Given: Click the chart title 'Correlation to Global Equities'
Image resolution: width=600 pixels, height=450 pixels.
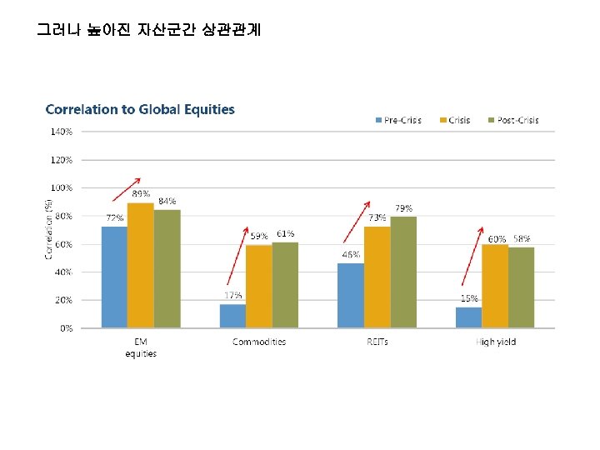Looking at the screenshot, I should (140, 109).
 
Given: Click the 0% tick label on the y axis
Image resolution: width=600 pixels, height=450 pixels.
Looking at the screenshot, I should (65, 328).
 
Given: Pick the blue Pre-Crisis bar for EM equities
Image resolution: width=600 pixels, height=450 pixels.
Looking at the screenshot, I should (114, 277).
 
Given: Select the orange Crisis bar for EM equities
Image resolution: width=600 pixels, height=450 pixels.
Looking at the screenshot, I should (140, 265).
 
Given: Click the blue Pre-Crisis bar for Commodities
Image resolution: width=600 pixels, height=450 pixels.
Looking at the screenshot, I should (232, 316).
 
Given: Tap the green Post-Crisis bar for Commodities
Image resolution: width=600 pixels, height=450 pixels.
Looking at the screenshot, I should (285, 285).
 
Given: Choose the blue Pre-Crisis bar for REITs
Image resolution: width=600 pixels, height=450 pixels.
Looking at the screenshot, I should (350, 295).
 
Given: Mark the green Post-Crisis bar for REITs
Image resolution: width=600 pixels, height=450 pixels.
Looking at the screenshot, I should (403, 272).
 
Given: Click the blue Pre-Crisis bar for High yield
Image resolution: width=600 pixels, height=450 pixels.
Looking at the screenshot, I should (468, 317).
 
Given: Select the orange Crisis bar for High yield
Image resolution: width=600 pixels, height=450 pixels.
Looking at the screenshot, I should (495, 286).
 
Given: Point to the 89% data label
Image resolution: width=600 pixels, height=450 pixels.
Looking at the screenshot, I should (141, 193).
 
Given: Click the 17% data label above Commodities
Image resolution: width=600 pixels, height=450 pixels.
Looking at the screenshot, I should (233, 295).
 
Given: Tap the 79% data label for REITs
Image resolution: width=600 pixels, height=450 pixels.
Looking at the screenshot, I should (403, 207).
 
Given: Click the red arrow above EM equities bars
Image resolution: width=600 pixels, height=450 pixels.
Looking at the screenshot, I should (127, 188).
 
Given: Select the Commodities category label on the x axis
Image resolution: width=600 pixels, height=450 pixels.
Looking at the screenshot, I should (259, 342).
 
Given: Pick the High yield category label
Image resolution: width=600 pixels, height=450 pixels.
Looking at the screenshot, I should (495, 342).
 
